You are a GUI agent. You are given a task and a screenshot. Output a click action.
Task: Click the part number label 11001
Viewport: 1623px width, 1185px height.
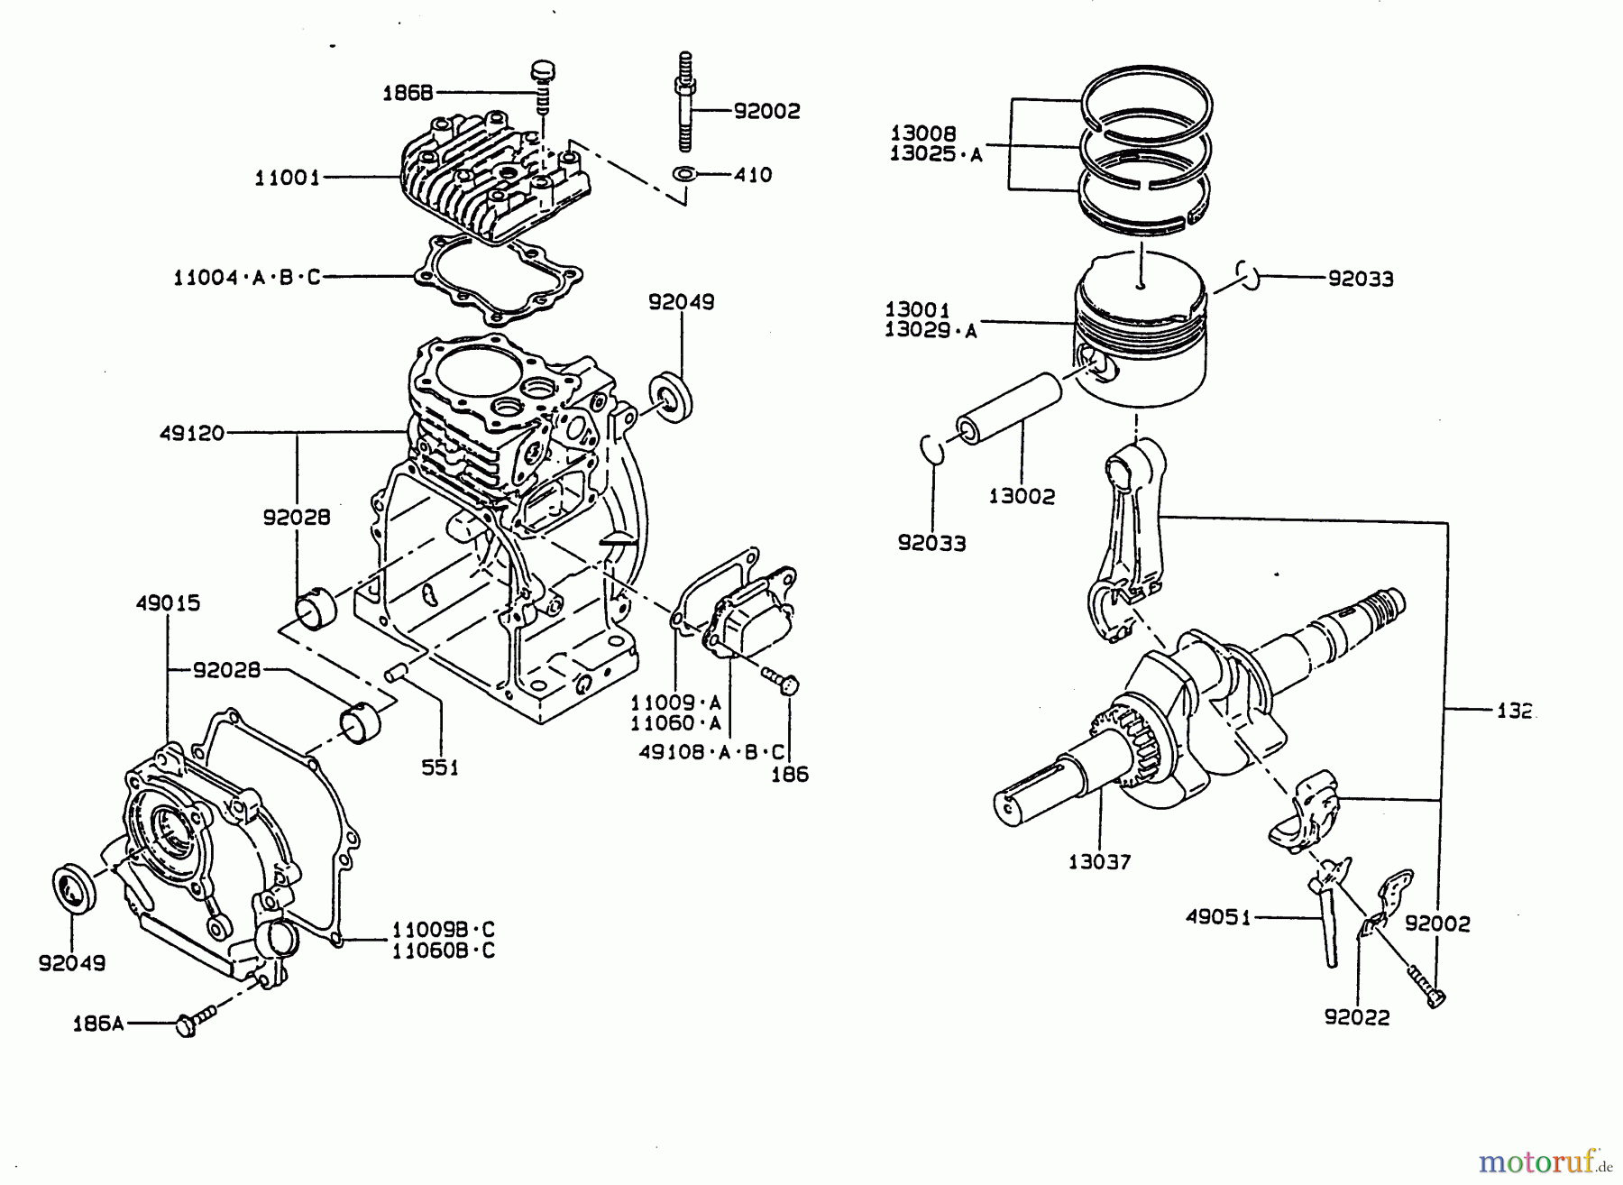click(287, 178)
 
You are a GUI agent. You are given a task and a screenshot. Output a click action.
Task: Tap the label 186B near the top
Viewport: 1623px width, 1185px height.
click(408, 92)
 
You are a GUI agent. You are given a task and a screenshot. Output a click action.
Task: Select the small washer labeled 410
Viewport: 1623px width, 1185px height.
click(684, 173)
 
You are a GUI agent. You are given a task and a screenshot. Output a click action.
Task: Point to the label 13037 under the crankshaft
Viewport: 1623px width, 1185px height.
click(1099, 861)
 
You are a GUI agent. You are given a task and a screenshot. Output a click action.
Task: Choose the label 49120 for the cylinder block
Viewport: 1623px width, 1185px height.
click(191, 433)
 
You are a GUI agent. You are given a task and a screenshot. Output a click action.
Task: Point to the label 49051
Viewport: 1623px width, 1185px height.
click(1217, 917)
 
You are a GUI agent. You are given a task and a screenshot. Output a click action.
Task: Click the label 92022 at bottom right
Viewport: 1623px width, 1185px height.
click(1357, 1017)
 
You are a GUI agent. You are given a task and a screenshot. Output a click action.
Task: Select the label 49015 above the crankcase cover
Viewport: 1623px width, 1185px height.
click(168, 602)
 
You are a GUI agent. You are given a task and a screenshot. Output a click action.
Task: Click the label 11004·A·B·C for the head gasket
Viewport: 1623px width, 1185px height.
click(246, 277)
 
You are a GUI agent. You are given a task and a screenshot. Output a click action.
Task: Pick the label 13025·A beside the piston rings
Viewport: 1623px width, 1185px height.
click(935, 153)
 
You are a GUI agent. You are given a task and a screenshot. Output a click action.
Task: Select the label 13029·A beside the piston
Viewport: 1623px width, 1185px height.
click(931, 330)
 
